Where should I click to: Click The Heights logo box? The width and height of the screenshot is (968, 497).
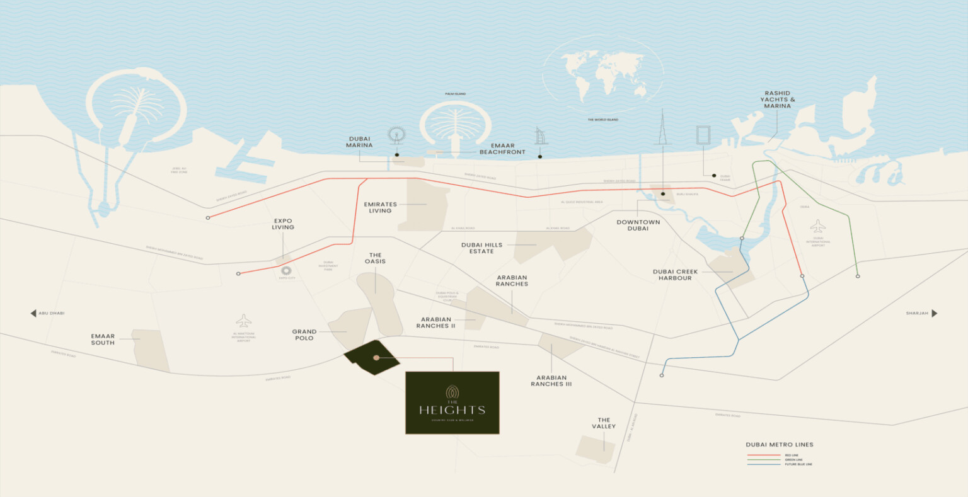452,403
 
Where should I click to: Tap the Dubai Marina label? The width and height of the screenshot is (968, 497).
359,142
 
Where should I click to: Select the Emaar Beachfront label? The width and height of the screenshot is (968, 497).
502,149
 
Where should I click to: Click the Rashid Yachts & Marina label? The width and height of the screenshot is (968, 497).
777,100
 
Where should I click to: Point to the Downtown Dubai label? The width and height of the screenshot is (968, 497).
638,225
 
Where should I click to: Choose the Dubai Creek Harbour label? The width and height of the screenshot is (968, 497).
675,275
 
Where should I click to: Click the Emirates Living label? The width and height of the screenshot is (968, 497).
380,207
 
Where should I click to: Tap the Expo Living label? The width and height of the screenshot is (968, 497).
283,224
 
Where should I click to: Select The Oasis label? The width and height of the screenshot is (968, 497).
375,258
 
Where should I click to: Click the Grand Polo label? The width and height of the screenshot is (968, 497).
304,334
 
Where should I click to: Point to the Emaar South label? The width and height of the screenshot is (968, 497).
103,340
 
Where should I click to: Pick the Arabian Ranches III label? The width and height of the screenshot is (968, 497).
551,381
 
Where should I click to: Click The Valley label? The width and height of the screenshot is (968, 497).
604,423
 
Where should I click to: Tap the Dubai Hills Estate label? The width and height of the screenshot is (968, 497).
481,248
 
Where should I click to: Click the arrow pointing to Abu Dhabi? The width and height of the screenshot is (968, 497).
33,313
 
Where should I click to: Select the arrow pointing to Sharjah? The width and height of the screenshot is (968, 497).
935,313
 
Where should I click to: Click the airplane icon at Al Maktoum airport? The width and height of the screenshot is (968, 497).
243,321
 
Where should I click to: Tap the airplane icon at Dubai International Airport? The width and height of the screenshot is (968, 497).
817,226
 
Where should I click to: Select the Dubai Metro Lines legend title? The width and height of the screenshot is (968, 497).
780,445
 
